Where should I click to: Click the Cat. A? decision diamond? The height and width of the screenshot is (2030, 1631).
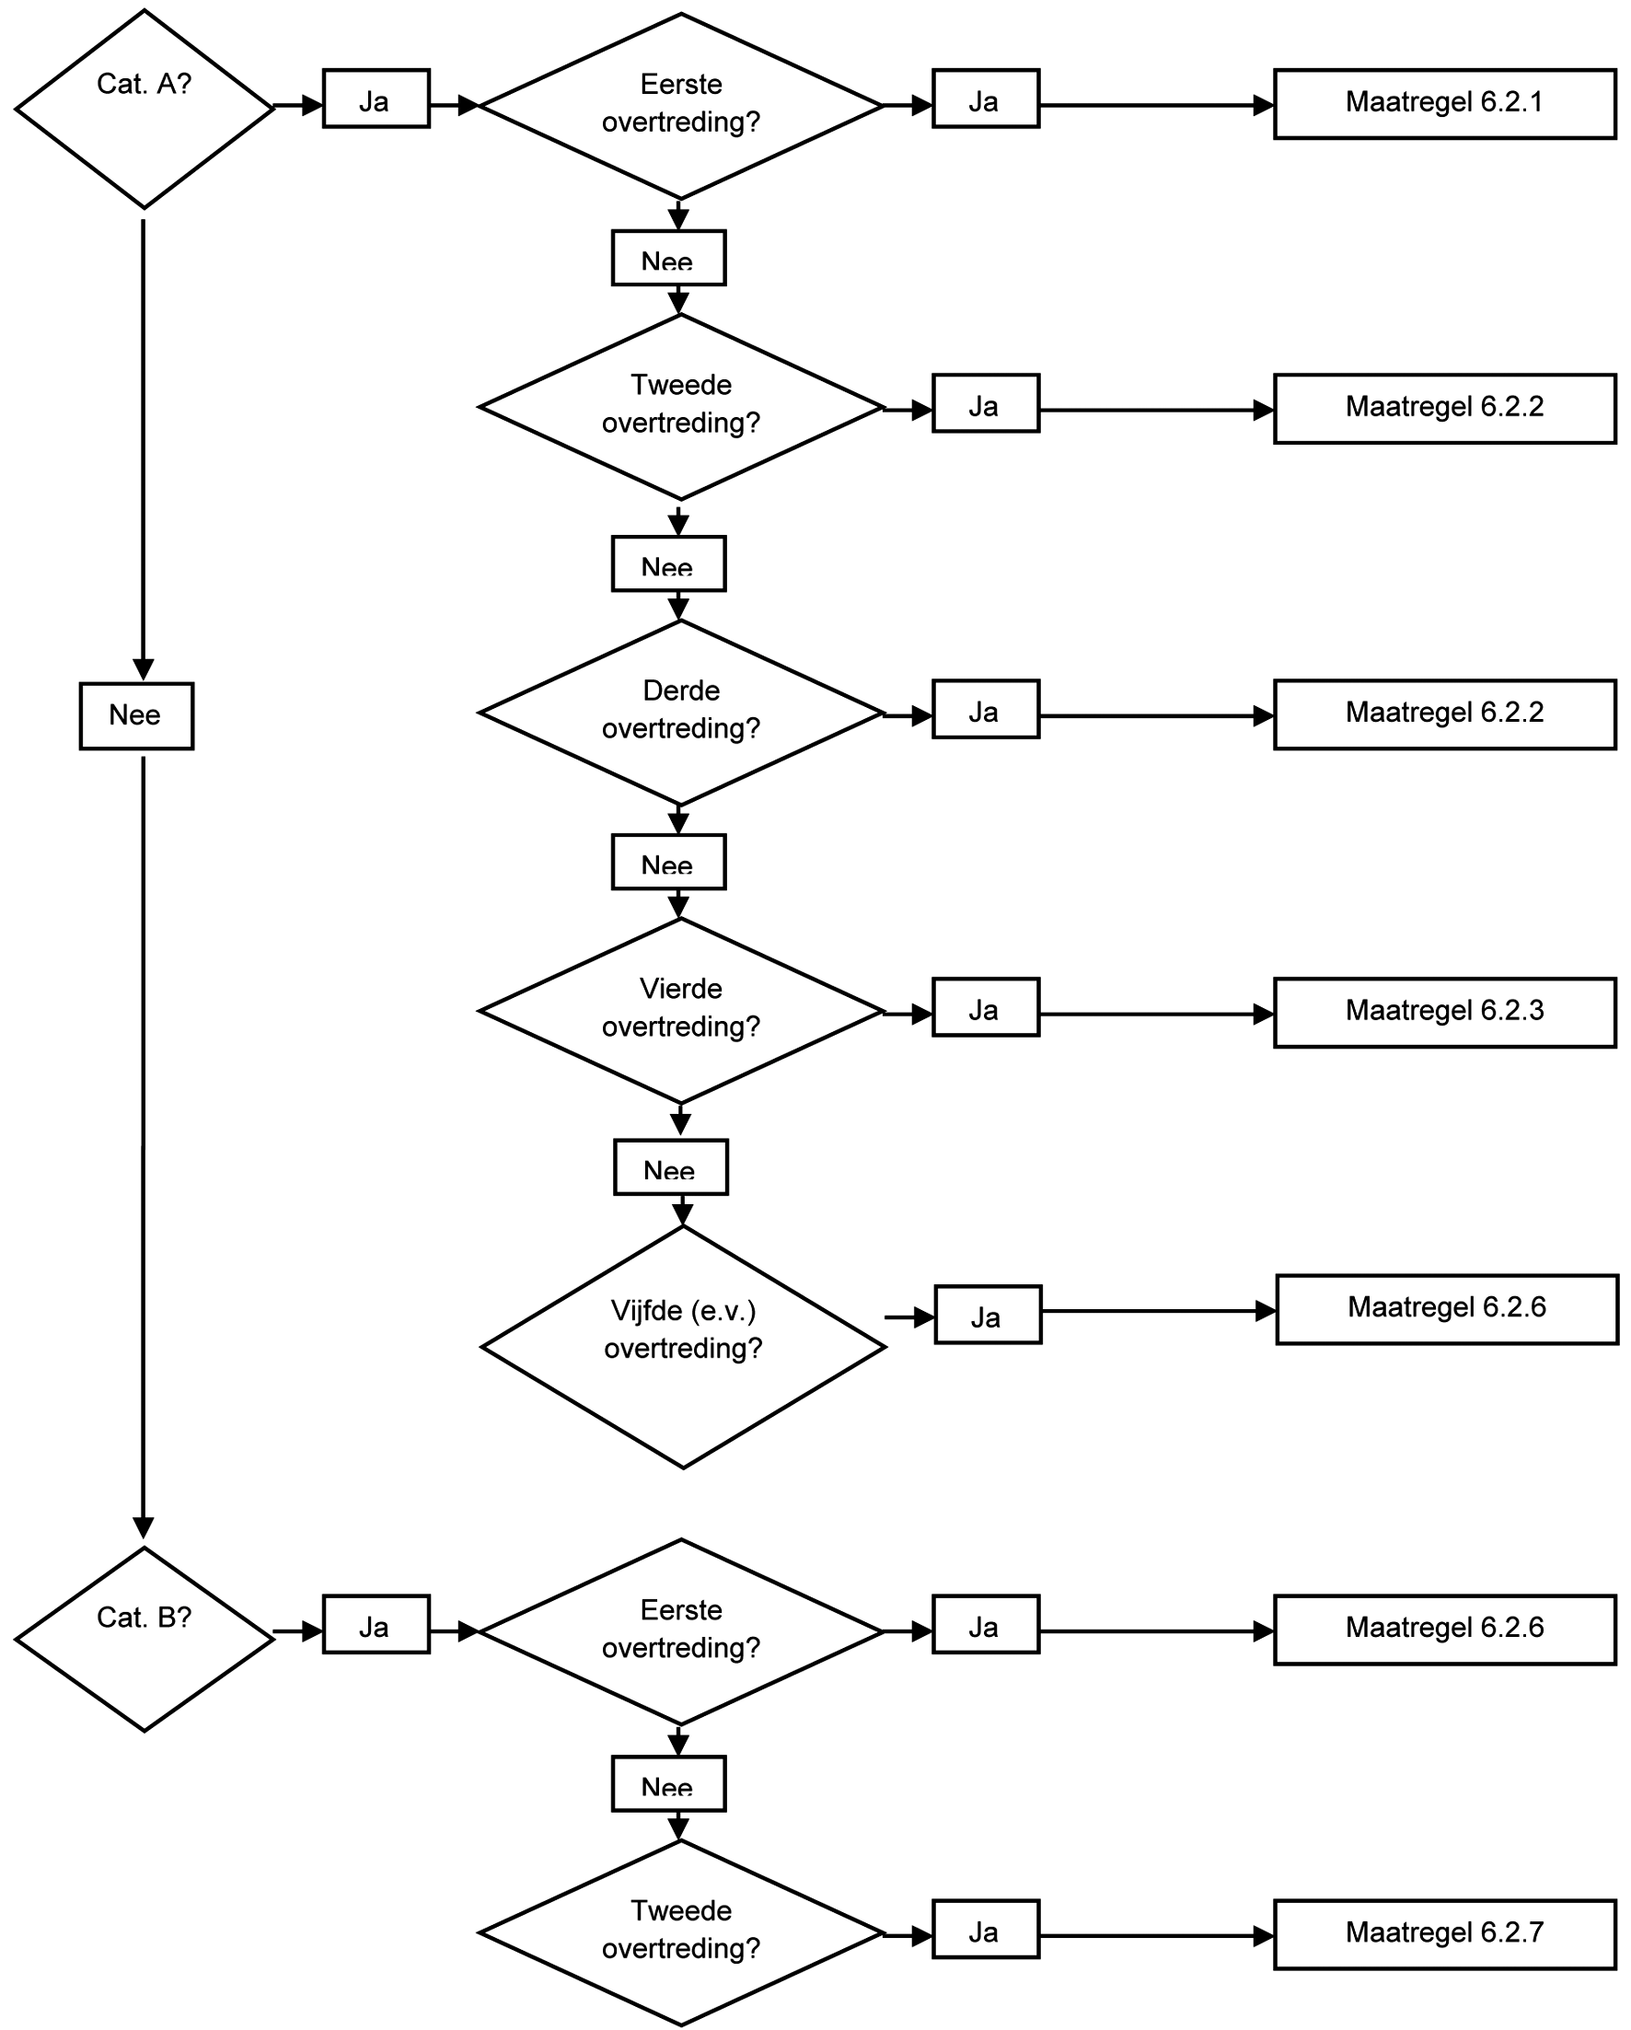[144, 109]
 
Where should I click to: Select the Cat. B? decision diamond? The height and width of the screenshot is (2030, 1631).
[144, 1640]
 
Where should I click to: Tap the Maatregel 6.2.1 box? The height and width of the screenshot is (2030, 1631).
[1444, 103]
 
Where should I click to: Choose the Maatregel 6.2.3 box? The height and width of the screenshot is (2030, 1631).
[1444, 1012]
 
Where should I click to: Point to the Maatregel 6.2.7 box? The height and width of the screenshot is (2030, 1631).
[1444, 1934]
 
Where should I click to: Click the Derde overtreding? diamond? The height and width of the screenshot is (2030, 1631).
[680, 712]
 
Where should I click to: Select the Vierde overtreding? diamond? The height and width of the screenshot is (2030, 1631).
[680, 1010]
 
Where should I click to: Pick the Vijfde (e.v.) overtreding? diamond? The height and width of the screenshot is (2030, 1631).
[683, 1346]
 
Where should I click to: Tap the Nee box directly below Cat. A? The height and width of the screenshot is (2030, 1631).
[136, 716]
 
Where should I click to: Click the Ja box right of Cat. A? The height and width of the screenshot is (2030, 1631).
[376, 99]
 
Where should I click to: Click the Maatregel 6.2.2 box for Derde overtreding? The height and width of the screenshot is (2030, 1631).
[1444, 714]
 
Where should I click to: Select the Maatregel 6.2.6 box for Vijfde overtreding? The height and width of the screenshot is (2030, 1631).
[1447, 1310]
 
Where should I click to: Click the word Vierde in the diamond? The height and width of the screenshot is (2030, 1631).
[680, 989]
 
